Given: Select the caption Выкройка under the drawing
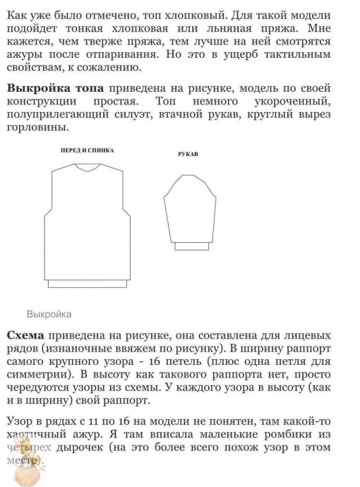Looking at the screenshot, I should point(49,314).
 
